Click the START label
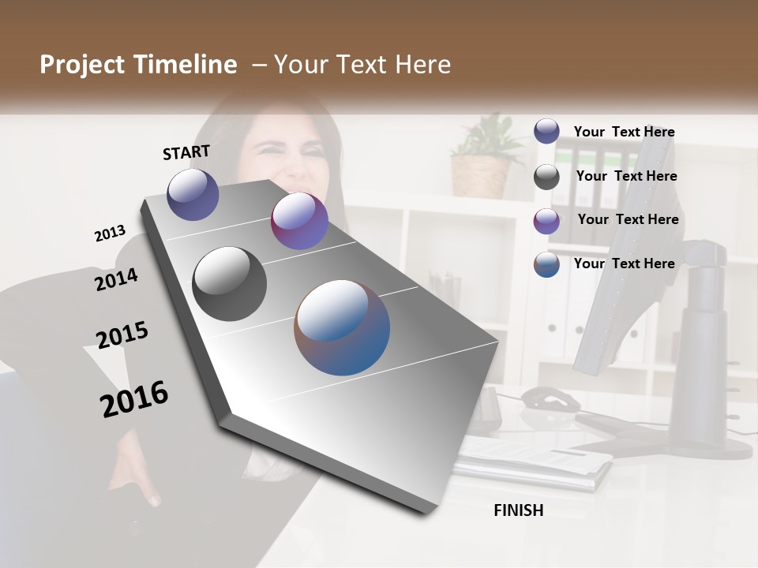click(186, 151)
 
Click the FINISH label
click(519, 510)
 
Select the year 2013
click(110, 233)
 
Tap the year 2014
click(116, 279)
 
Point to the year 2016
click(134, 398)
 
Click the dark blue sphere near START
click(193, 194)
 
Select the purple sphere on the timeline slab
click(299, 221)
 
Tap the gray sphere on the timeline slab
click(229, 284)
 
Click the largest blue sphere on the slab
click(342, 327)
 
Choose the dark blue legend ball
click(546, 131)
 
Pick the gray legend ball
click(546, 177)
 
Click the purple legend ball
click(546, 221)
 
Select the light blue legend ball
click(546, 264)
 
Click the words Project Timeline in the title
click(138, 65)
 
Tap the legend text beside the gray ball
click(626, 176)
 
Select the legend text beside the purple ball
click(628, 219)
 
